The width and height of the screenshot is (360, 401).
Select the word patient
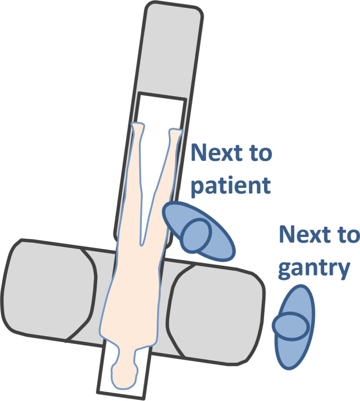pos(231,185)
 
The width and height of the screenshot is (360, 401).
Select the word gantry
pos(314,269)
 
